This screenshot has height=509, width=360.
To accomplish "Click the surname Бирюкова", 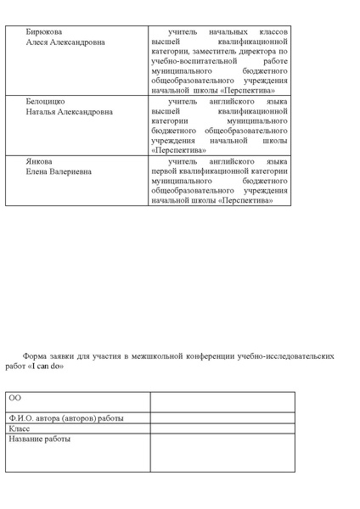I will tap(43, 31).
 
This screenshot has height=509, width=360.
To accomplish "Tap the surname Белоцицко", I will tap(45, 101).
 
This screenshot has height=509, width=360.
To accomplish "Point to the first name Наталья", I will tap(42, 111).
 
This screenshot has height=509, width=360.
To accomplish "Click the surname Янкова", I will tap(39, 161).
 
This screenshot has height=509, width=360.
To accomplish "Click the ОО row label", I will tap(15, 398).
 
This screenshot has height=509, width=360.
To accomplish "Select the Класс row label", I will tap(20, 429).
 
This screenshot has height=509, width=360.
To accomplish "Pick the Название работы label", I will tap(40, 439).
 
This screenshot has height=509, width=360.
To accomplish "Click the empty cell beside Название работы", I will tap(222, 453).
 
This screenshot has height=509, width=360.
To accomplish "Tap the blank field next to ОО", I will tap(222, 402).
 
